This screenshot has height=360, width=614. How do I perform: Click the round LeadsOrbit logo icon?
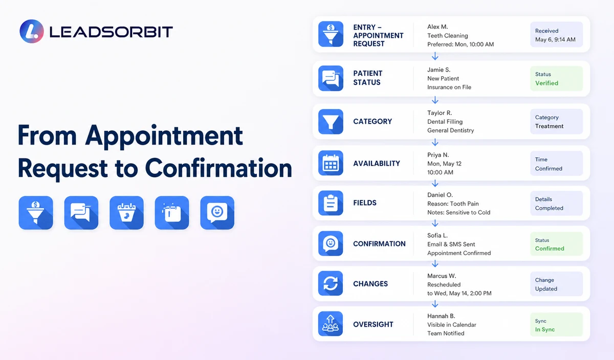tap(32, 31)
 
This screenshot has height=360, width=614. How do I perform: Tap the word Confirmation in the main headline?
tap(218, 168)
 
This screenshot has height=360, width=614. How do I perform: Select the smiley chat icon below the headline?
tap(217, 213)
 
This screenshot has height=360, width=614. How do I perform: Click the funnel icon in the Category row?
tap(331, 121)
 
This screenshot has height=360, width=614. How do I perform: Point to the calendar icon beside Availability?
tap(331, 163)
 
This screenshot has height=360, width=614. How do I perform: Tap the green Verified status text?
tap(546, 83)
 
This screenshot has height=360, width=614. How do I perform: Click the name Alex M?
tap(437, 27)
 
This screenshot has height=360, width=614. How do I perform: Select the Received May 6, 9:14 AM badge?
tap(557, 35)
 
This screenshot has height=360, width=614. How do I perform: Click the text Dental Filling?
tap(445, 122)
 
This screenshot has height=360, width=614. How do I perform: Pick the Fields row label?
tap(365, 202)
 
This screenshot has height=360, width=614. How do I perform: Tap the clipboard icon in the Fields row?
tap(331, 203)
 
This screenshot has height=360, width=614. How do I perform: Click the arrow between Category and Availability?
tap(435, 142)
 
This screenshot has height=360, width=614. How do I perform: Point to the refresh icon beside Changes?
tap(331, 283)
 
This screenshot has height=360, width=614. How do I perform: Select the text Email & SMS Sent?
tap(451, 244)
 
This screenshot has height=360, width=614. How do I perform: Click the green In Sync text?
tap(545, 329)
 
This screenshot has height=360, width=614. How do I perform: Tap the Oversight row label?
tap(373, 324)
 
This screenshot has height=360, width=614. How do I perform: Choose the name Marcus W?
tap(442, 276)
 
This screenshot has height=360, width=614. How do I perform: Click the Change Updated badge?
tap(557, 284)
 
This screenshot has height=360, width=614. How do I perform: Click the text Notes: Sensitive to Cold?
tap(459, 212)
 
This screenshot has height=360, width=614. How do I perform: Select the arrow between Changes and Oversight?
tap(435, 304)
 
